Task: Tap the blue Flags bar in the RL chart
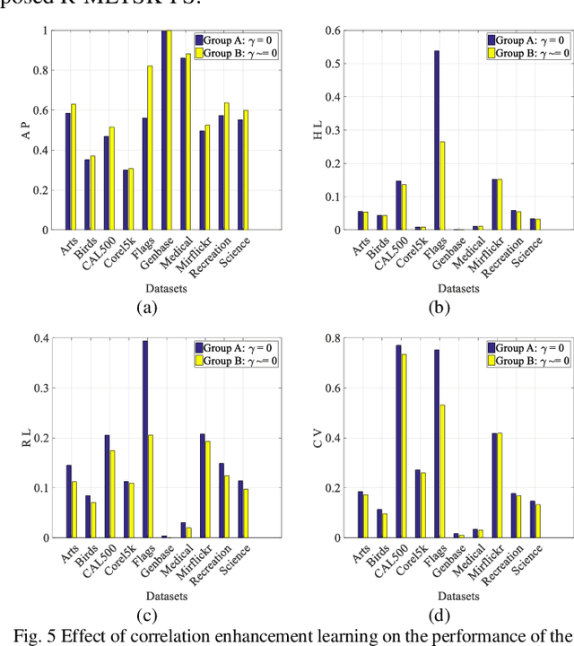pos(144,439)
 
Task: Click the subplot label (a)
pos(144,306)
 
